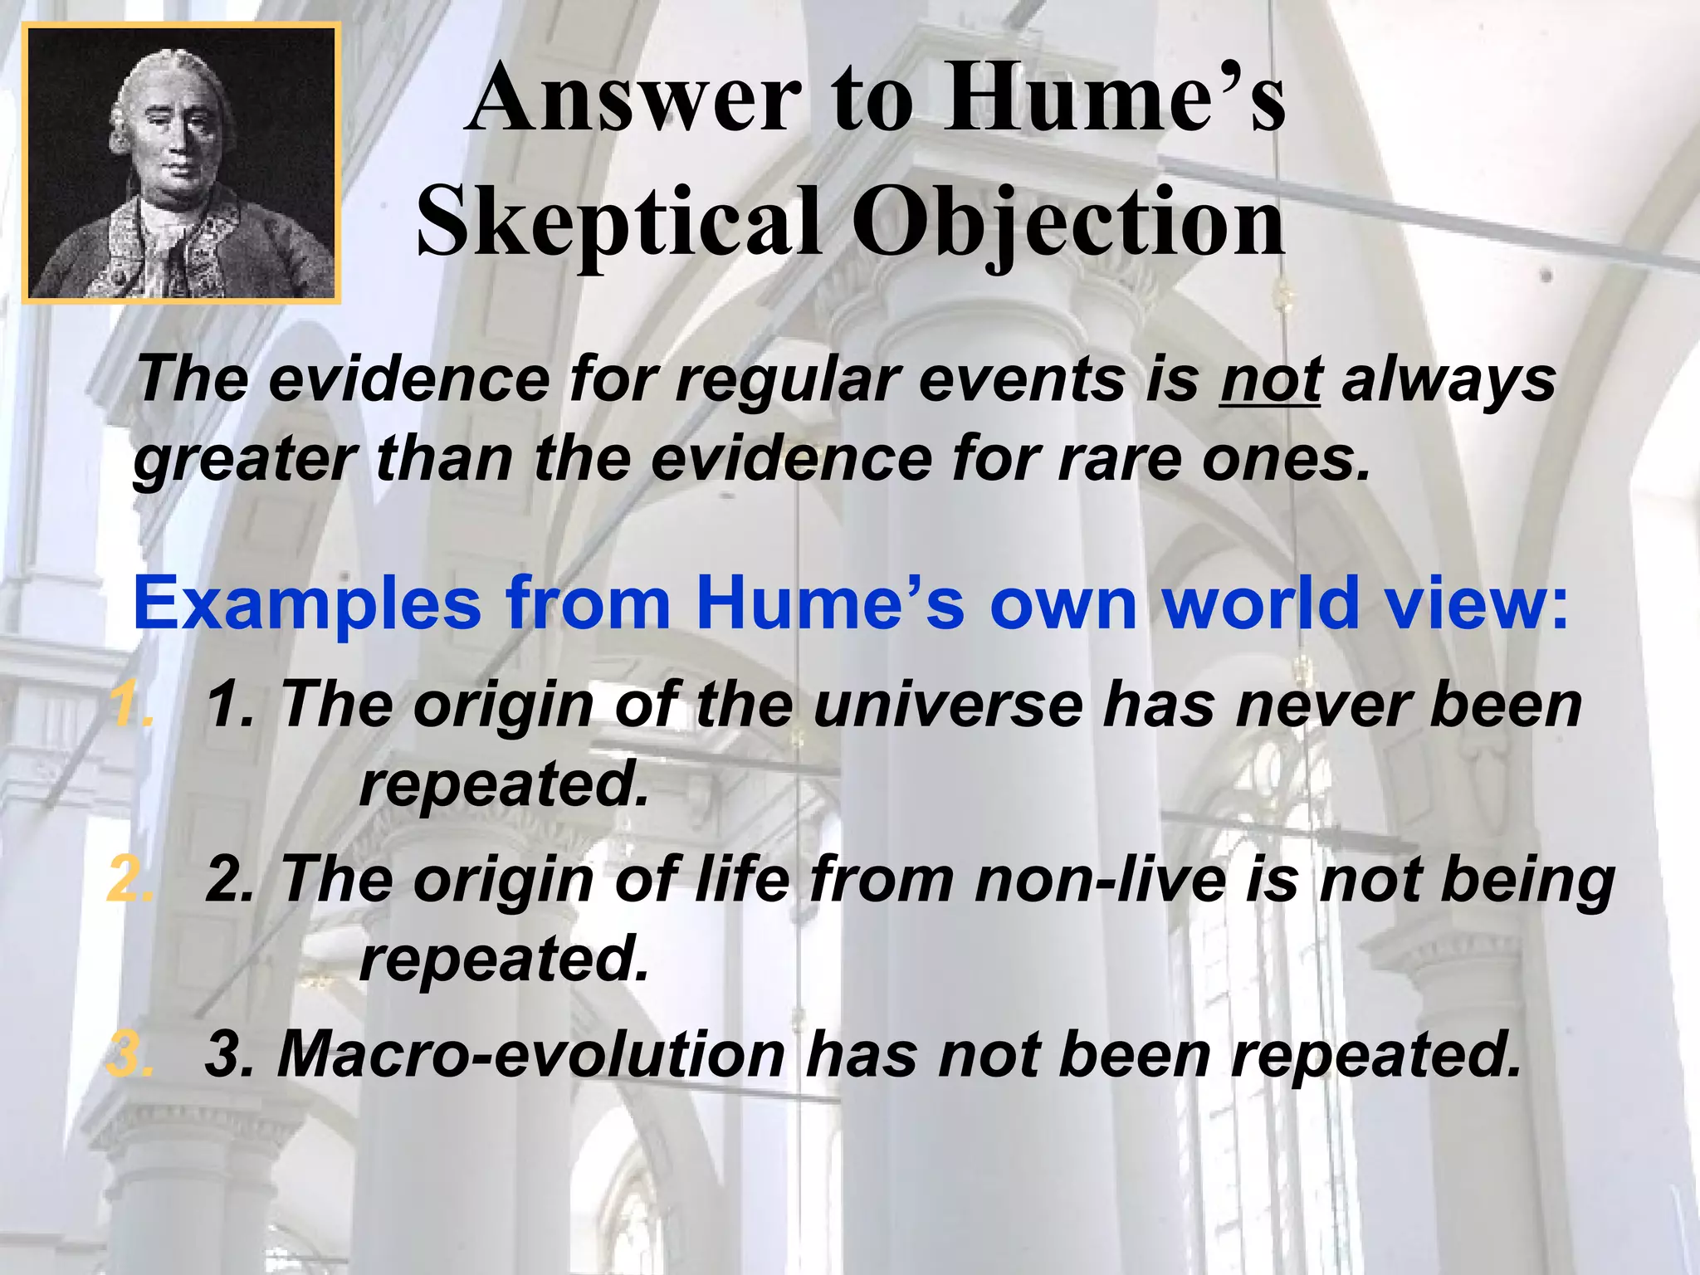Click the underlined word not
coord(1270,380)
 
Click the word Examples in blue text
coord(307,603)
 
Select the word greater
coord(246,460)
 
